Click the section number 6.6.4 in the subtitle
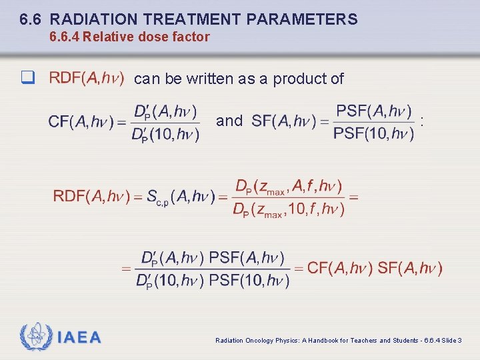click(65, 37)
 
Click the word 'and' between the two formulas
click(229, 121)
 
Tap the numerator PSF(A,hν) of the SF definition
click(373, 110)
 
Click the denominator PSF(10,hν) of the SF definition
click(373, 134)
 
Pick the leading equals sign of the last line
click(125, 269)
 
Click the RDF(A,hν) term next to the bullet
click(86, 79)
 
